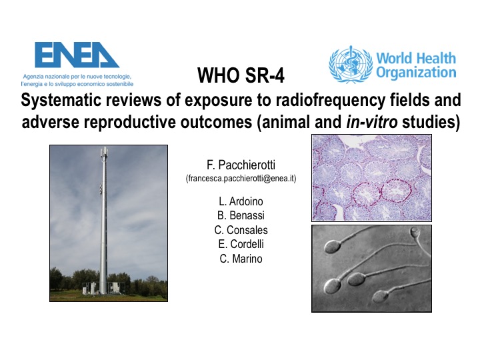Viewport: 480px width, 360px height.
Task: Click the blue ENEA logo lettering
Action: click(x=77, y=55)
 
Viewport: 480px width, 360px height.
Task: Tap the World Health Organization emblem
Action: click(x=351, y=64)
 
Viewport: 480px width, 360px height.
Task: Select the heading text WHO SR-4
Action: click(x=241, y=75)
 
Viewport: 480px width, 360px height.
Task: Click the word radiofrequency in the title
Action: click(x=330, y=100)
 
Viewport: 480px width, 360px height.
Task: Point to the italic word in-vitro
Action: click(x=371, y=122)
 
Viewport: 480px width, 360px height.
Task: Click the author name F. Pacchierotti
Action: click(x=241, y=165)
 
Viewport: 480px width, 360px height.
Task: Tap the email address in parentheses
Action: click(x=241, y=179)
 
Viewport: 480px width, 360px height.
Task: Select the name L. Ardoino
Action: click(x=241, y=201)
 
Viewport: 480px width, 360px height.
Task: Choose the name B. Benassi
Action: click(x=241, y=215)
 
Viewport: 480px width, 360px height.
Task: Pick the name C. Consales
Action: click(x=241, y=230)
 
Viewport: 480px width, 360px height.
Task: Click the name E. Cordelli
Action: click(x=241, y=244)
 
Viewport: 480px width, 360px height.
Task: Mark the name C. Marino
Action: click(x=241, y=259)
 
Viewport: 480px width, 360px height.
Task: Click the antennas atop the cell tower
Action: click(x=104, y=153)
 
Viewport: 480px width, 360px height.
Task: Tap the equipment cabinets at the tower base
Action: click(x=103, y=288)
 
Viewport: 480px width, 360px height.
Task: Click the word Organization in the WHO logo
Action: click(x=416, y=73)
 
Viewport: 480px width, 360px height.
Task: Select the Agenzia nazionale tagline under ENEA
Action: click(x=77, y=80)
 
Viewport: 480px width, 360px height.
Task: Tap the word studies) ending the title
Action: click(x=431, y=122)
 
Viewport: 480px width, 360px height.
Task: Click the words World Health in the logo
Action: click(x=416, y=58)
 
